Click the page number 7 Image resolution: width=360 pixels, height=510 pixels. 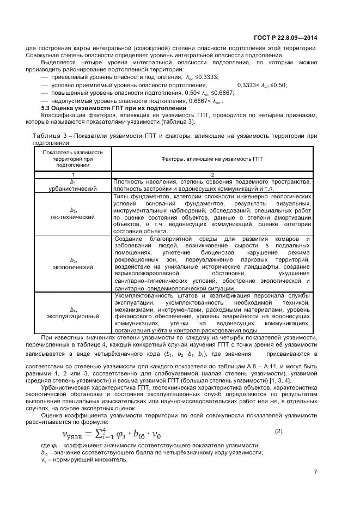(315, 472)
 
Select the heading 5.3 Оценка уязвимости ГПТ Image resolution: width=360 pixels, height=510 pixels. (114, 108)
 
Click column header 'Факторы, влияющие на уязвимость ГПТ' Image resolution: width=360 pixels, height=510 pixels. (212, 159)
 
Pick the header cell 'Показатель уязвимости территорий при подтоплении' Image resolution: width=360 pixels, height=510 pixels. (72, 159)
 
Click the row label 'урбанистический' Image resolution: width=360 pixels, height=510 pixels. (72, 189)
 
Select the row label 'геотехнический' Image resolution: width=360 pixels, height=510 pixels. (72, 217)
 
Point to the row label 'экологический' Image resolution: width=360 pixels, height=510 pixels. (72, 267)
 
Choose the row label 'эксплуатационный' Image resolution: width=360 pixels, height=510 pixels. (72, 315)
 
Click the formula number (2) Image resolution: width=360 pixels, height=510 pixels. (278, 431)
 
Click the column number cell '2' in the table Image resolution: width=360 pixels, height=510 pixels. (212, 175)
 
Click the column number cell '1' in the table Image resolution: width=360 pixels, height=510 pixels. (72, 175)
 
